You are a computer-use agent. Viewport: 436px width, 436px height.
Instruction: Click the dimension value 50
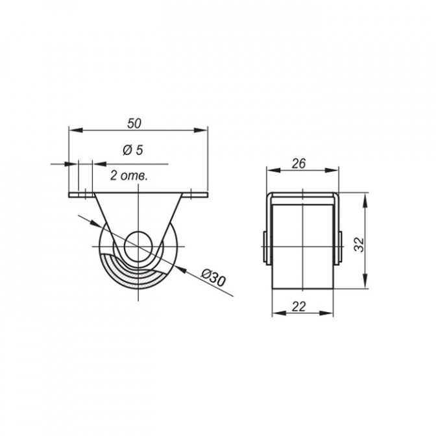tap(134, 123)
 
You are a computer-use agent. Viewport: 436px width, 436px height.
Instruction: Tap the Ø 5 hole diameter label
tap(133, 151)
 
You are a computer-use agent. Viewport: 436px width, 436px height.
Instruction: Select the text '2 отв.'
tap(128, 176)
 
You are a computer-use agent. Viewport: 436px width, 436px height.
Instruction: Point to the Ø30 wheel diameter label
tap(213, 277)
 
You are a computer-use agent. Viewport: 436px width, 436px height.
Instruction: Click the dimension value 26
tap(298, 163)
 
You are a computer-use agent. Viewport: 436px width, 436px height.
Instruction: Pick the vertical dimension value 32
tap(359, 245)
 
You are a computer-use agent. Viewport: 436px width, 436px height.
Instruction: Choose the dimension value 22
tap(299, 306)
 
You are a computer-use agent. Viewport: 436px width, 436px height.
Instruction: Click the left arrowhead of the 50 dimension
tap(76, 130)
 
